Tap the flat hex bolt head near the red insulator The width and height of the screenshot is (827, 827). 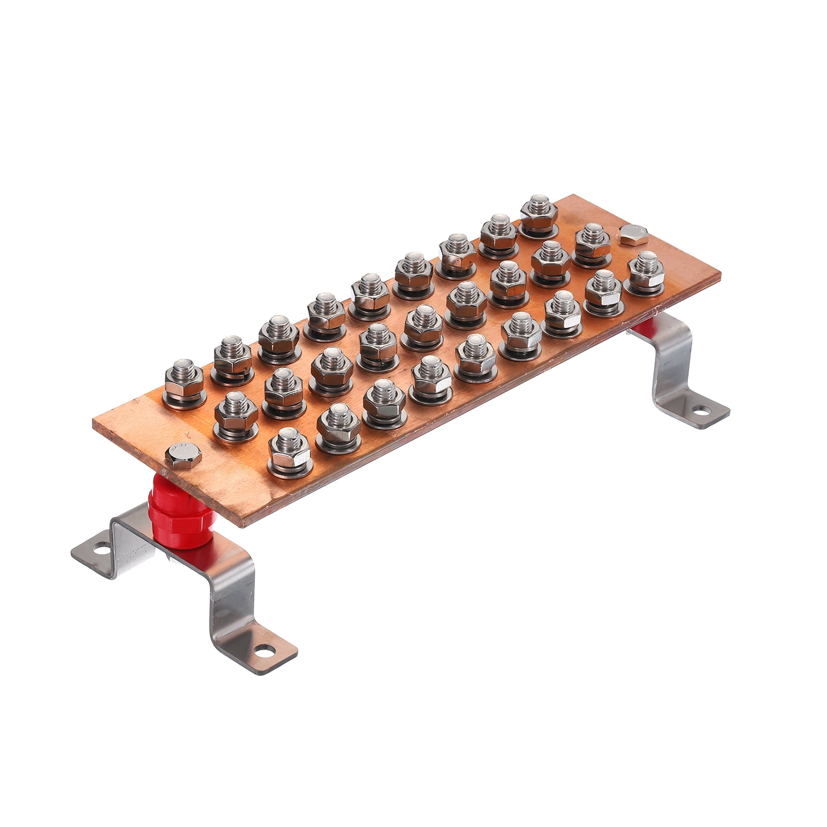183,455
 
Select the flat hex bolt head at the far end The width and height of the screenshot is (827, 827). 633,234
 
